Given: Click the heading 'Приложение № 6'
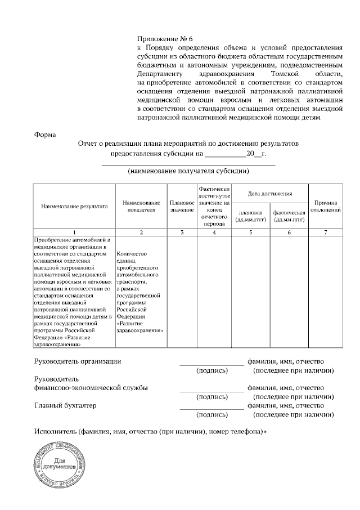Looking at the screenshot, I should coord(165,39).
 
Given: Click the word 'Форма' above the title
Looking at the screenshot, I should coord(46,135).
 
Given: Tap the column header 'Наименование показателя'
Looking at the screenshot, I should coord(141,207).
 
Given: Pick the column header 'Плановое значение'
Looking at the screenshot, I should coord(182,207).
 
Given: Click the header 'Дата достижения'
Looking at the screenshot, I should coord(270,194).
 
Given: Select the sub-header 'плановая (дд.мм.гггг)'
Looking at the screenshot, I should coord(251,216).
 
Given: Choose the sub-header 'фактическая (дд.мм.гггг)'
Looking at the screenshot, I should coord(289,216).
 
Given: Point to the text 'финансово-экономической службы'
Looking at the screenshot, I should coord(91,388).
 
